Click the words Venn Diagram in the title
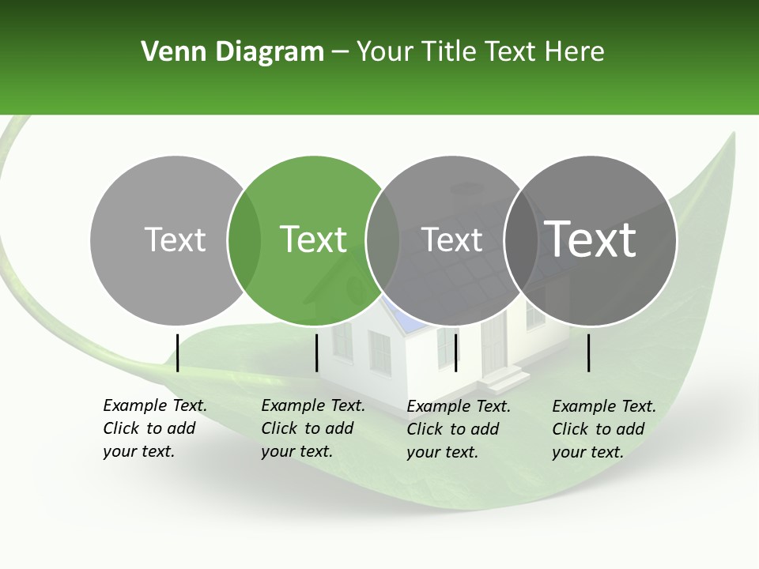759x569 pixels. (x=232, y=52)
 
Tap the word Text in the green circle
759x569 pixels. (x=314, y=239)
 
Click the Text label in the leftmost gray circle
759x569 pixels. (x=176, y=239)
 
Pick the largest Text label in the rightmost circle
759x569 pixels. (x=591, y=239)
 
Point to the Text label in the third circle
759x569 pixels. (x=452, y=239)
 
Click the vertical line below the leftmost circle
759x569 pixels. (x=178, y=352)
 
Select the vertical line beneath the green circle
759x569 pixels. (x=316, y=352)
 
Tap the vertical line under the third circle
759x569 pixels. (x=456, y=352)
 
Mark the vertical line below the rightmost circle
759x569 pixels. (x=589, y=352)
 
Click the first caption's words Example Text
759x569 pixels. (x=155, y=405)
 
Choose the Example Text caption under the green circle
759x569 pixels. (x=313, y=405)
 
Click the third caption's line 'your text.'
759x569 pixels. (x=442, y=452)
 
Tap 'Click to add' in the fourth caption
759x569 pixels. (x=599, y=429)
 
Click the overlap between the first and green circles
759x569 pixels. (x=244, y=240)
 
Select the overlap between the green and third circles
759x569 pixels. (x=383, y=240)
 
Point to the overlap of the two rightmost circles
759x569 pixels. (x=521, y=240)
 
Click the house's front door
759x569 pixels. (x=493, y=344)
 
